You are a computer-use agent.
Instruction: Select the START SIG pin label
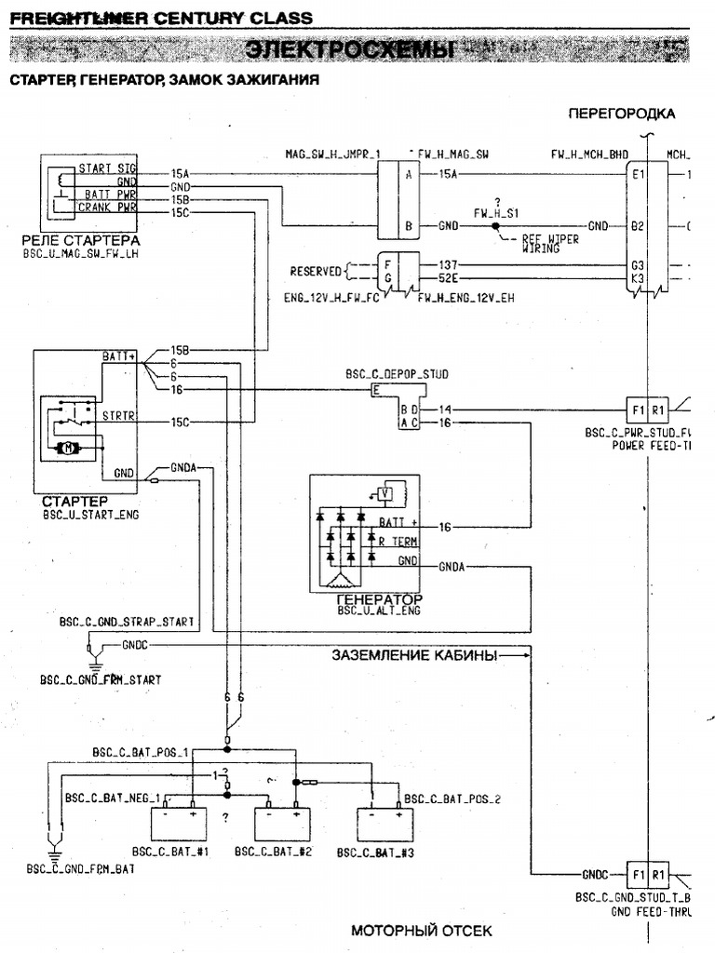(x=107, y=168)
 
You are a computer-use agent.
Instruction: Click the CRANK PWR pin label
(x=107, y=208)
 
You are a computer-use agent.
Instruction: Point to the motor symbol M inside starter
(x=70, y=449)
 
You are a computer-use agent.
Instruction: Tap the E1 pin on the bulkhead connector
(x=638, y=174)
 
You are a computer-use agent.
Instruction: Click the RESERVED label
(x=316, y=272)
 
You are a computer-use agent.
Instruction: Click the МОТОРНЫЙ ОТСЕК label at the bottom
(x=421, y=931)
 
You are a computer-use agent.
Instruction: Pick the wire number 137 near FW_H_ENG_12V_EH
(x=448, y=264)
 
